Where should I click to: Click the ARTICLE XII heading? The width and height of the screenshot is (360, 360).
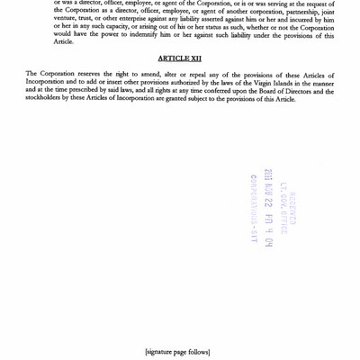tap(180, 58)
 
